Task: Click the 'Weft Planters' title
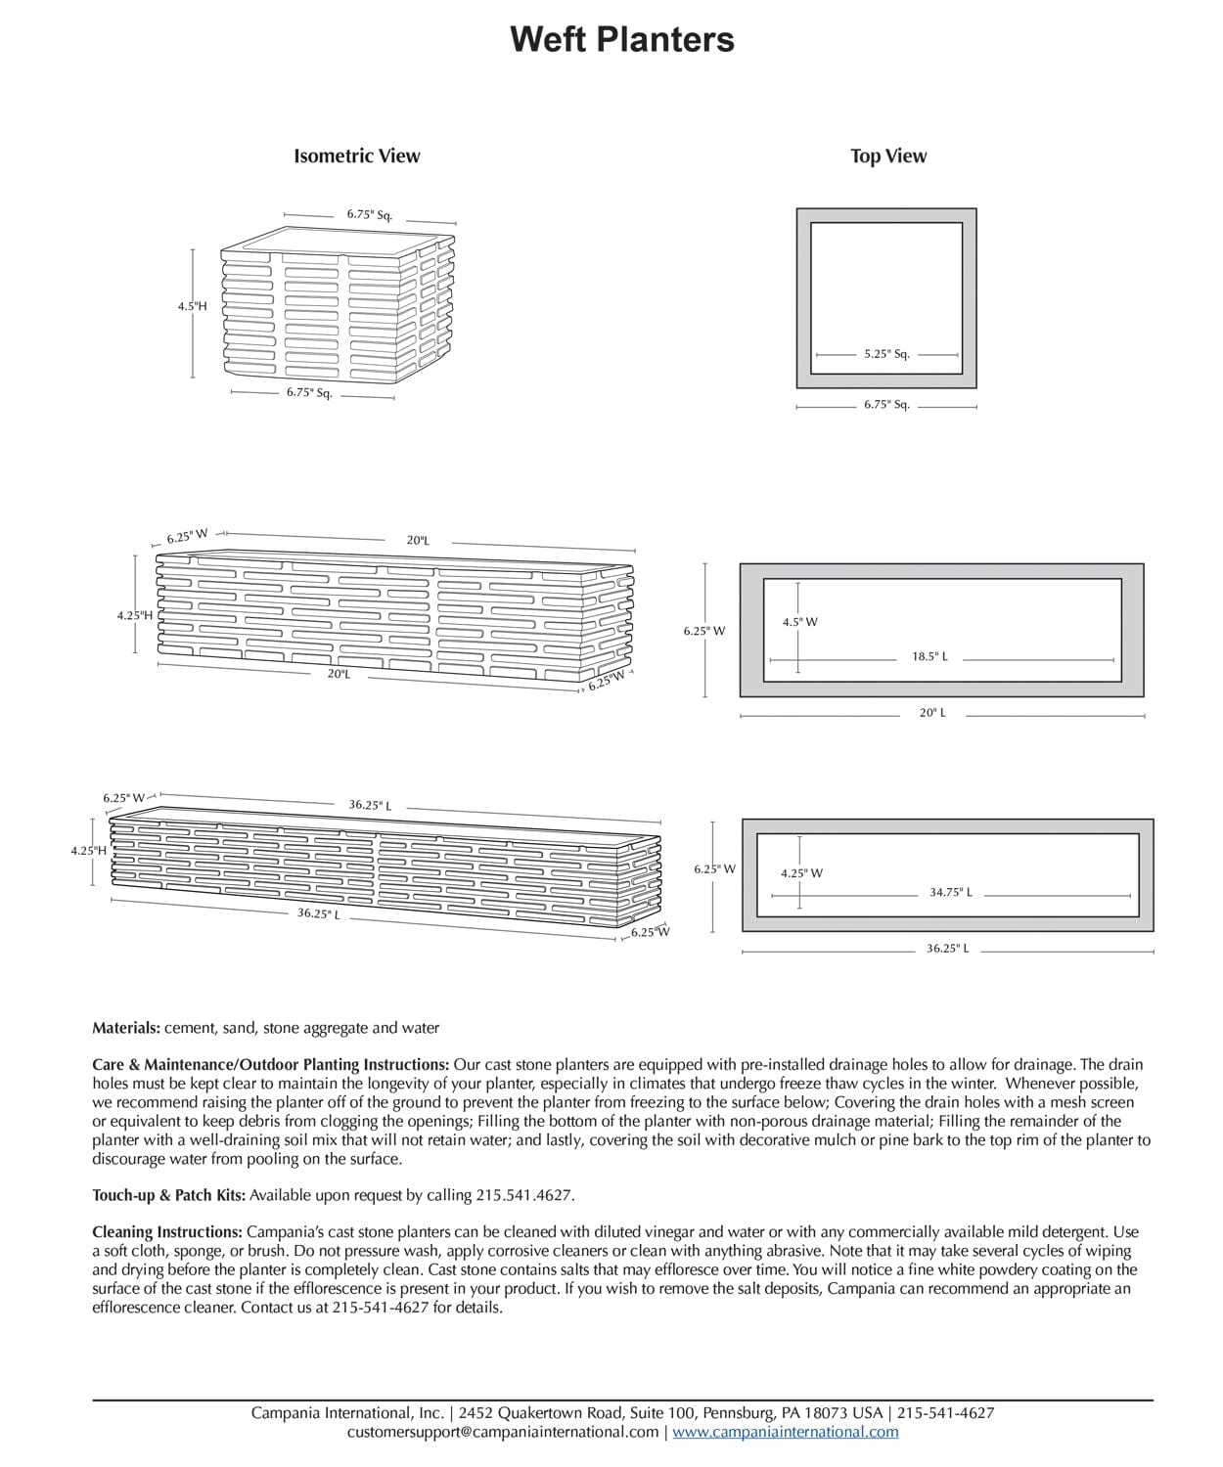pyautogui.click(x=622, y=40)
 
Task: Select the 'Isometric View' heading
pyautogui.click(x=356, y=156)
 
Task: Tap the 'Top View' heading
pyautogui.click(x=887, y=156)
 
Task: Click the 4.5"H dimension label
pyautogui.click(x=192, y=306)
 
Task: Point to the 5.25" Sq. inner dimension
pyautogui.click(x=886, y=354)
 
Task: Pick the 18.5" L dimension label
pyautogui.click(x=929, y=656)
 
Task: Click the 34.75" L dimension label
pyautogui.click(x=950, y=892)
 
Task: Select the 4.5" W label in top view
pyautogui.click(x=799, y=622)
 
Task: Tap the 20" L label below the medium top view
pyautogui.click(x=932, y=713)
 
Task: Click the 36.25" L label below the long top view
pyautogui.click(x=947, y=949)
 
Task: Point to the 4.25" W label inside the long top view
pyautogui.click(x=801, y=873)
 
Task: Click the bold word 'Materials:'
pyautogui.click(x=126, y=1028)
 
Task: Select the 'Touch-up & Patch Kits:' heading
pyautogui.click(x=168, y=1195)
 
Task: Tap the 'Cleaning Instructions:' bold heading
pyautogui.click(x=167, y=1232)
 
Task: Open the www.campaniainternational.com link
pyautogui.click(x=785, y=1432)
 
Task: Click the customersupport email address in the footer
pyautogui.click(x=502, y=1432)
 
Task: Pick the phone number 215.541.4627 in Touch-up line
pyautogui.click(x=523, y=1195)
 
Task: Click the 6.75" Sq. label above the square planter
pyautogui.click(x=369, y=214)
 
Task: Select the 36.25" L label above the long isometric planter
pyautogui.click(x=370, y=806)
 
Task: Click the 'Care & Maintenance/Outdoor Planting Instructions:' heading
pyautogui.click(x=271, y=1064)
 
